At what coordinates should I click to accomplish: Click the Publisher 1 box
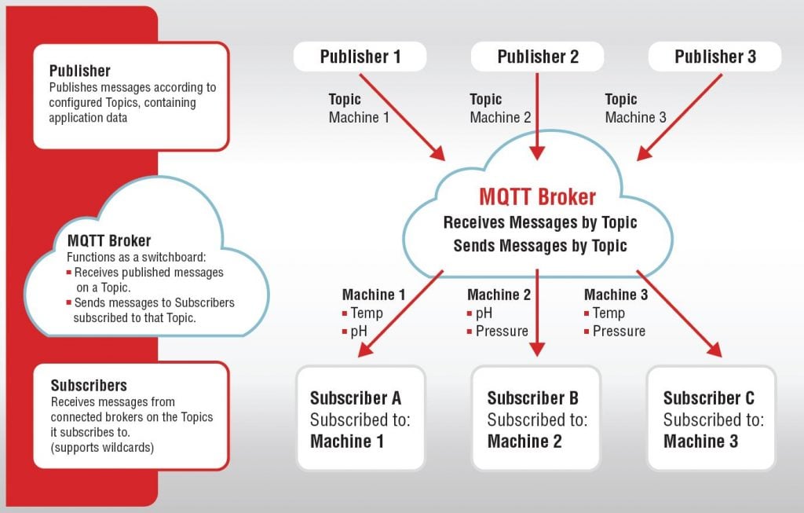pos(360,57)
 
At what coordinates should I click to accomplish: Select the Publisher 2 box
pos(537,57)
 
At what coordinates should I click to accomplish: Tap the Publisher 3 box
pos(714,57)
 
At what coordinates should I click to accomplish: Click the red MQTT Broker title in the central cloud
pos(538,197)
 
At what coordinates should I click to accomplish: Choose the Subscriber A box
pos(360,419)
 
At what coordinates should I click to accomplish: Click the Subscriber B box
pos(536,419)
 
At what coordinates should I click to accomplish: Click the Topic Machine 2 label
pos(500,108)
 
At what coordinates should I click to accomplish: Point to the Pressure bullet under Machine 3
pos(619,331)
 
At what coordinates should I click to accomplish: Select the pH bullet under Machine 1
pos(359,331)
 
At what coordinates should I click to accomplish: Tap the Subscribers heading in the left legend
pos(89,386)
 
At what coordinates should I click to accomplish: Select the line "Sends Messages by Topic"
pos(540,245)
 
